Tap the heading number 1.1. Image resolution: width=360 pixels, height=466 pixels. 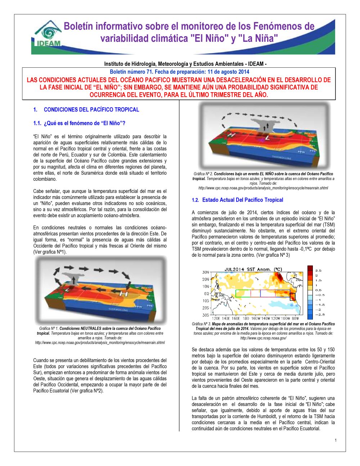pos(37,123)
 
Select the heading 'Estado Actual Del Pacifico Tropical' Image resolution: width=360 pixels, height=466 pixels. pos(242,200)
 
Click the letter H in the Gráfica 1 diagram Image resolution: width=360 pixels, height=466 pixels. pos(123,294)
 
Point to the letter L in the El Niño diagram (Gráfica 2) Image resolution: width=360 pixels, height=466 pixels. pos(267,138)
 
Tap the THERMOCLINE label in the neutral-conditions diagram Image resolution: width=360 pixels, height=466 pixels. pos(118,309)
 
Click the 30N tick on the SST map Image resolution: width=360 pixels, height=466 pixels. pos(206,272)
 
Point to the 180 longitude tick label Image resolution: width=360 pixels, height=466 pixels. pos(246,318)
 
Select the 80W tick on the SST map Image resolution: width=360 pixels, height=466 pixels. pos(295,318)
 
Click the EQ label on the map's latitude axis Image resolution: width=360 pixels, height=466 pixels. pos(206,294)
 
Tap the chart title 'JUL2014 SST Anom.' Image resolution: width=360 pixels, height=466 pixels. pos(253,269)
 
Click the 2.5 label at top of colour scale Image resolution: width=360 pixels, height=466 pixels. pos(318,270)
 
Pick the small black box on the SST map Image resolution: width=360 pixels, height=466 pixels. pos(292,297)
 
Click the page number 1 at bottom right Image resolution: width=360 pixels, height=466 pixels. pos(336,440)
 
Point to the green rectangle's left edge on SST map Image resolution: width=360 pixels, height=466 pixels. pos(236,294)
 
